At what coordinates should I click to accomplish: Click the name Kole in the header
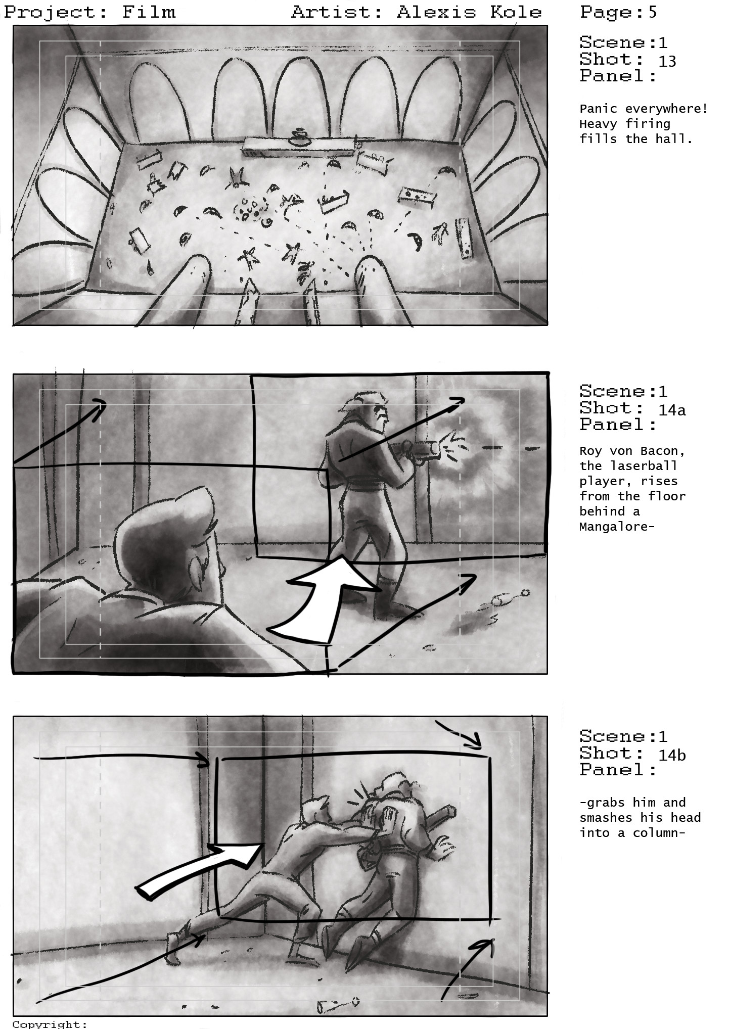[515, 12]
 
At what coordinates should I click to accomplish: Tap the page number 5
[653, 12]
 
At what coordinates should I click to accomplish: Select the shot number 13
[667, 61]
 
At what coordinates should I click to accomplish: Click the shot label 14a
[672, 410]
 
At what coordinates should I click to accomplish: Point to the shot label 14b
[672, 755]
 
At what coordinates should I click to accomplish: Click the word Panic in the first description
[598, 109]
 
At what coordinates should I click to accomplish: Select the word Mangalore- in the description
[617, 527]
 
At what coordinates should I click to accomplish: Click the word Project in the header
[51, 12]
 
